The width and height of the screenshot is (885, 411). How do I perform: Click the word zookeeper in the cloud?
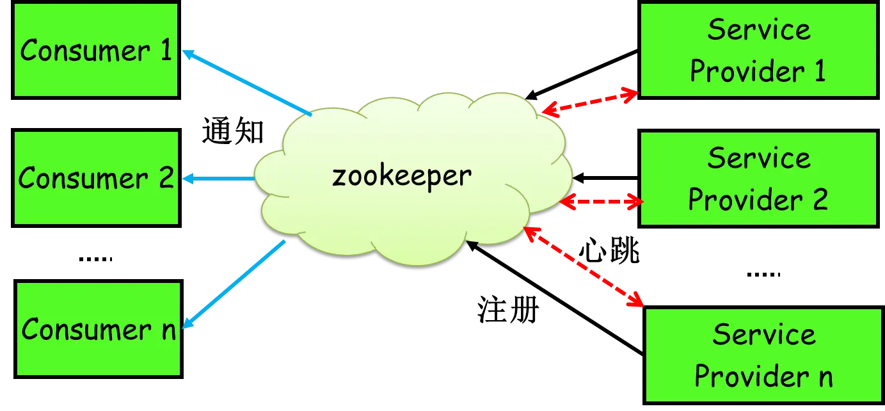pos(401,175)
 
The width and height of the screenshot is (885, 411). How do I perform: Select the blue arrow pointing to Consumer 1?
pos(246,83)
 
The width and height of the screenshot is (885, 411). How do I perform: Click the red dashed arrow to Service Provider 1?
pos(590,102)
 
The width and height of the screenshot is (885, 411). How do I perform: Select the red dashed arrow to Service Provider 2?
pos(602,203)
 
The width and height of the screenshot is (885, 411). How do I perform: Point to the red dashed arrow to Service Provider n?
pos(584,264)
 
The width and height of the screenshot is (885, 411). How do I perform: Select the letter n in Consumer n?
pos(168,330)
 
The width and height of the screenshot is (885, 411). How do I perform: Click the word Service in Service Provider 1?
pos(758,29)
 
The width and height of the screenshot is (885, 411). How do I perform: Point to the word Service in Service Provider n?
pos(763,334)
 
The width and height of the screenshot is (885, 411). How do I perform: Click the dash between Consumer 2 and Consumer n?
pos(94,259)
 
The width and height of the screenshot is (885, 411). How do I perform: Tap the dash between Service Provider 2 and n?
pos(765,274)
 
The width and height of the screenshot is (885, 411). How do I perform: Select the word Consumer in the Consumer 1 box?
pos(80,51)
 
